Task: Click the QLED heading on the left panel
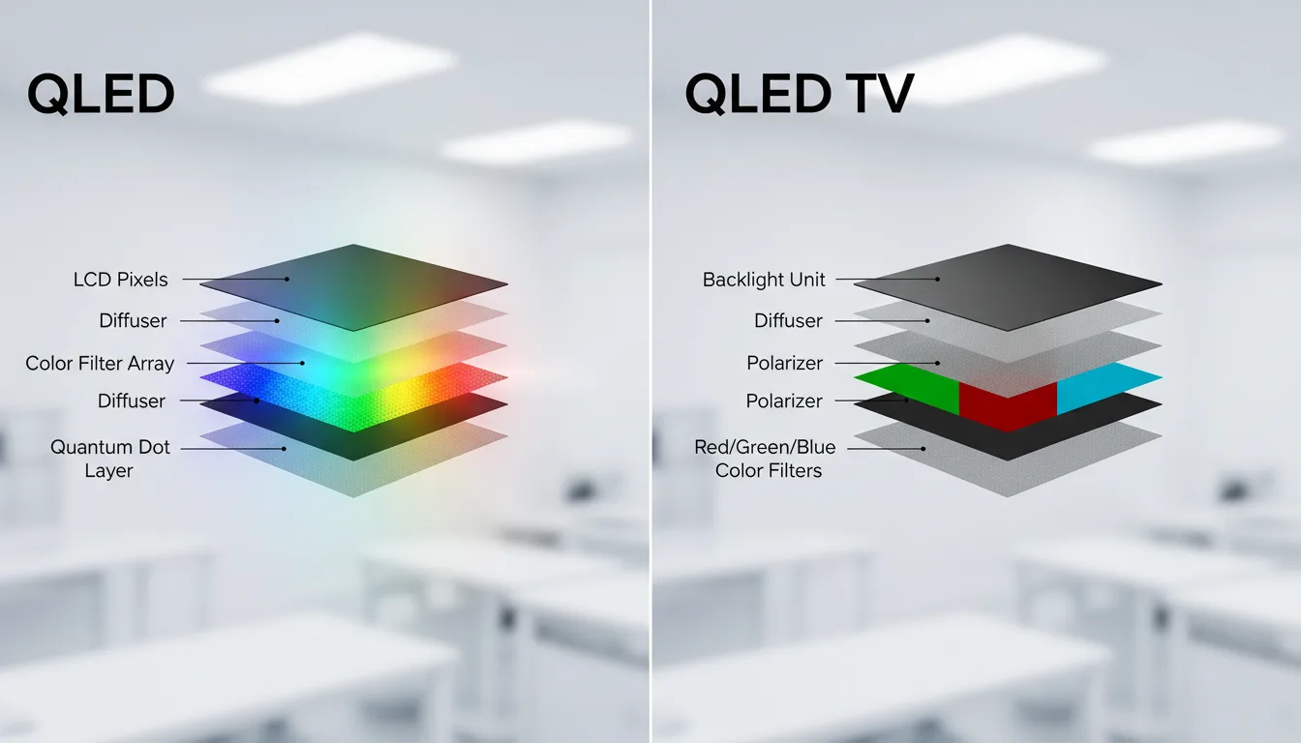pyautogui.click(x=101, y=94)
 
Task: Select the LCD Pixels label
pyautogui.click(x=120, y=280)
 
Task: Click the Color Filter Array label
pyautogui.click(x=100, y=364)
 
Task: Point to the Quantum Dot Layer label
pyautogui.click(x=109, y=459)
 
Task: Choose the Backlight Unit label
pyautogui.click(x=764, y=280)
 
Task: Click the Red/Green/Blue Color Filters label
pyautogui.click(x=765, y=459)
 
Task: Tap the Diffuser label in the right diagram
pyautogui.click(x=788, y=320)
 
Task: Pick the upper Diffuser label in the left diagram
pyautogui.click(x=133, y=320)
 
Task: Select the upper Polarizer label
pyautogui.click(x=785, y=363)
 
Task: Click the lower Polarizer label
pyautogui.click(x=784, y=401)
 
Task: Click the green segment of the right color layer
pyautogui.click(x=912, y=387)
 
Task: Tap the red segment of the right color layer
pyautogui.click(x=1008, y=406)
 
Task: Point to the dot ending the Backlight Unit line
pyautogui.click(x=937, y=280)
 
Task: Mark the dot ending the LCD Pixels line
pyautogui.click(x=287, y=280)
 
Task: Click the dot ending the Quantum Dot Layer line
pyautogui.click(x=284, y=449)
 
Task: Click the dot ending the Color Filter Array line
pyautogui.click(x=303, y=364)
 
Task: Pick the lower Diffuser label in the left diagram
pyautogui.click(x=132, y=401)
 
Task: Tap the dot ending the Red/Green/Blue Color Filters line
pyautogui.click(x=923, y=449)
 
